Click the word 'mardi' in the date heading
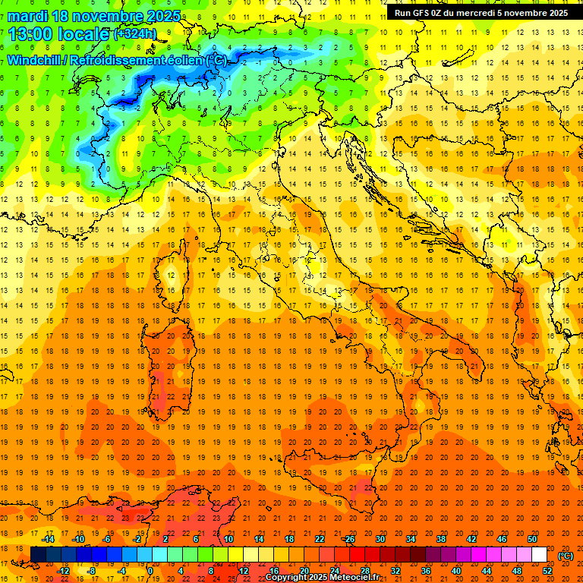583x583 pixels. tap(27, 16)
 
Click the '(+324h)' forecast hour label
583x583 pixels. tap(136, 34)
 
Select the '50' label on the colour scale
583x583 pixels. tap(533, 539)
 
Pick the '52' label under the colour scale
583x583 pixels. tap(547, 571)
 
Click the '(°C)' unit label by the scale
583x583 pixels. tap(566, 556)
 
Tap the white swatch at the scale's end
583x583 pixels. tap(540, 555)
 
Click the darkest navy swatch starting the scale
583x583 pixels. tap(38, 555)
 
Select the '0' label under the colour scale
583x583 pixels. tap(150, 571)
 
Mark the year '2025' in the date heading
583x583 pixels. tap(162, 16)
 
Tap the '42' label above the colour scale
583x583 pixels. tap(471, 539)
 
